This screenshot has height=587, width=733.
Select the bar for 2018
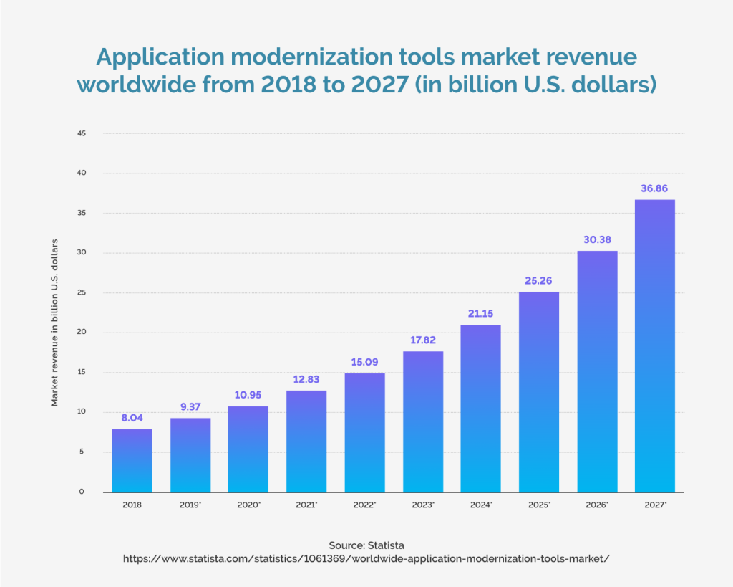[x=132, y=460]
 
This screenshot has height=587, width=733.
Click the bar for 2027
[x=655, y=345]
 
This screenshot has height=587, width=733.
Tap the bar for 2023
[x=423, y=421]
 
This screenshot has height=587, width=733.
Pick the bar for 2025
[x=539, y=391]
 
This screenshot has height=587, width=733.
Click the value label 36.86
[x=655, y=188]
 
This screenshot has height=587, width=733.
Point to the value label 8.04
[x=132, y=417]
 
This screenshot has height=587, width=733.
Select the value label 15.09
[x=364, y=362]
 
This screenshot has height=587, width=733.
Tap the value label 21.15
[x=480, y=314]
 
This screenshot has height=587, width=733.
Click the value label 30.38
[x=597, y=239]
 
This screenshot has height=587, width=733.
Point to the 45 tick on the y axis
[x=81, y=133]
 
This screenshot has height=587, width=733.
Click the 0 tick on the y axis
[x=82, y=492]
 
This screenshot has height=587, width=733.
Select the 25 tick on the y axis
[x=81, y=292]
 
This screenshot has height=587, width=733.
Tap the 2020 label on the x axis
[x=248, y=505]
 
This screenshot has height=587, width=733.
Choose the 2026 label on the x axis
[x=597, y=505]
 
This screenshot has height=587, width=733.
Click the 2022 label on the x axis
[x=364, y=505]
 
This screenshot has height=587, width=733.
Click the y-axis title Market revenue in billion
[x=54, y=323]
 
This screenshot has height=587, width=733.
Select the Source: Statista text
[x=366, y=545]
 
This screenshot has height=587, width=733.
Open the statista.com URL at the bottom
[x=366, y=558]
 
